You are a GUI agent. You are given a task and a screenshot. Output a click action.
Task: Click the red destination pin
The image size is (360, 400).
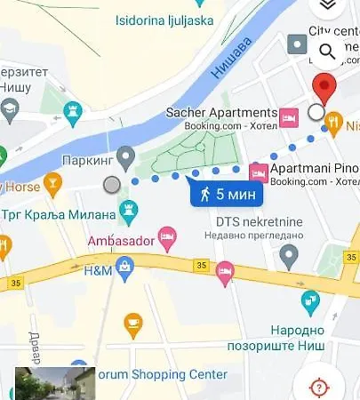326,90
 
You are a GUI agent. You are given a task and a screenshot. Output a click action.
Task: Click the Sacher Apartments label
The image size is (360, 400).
221,113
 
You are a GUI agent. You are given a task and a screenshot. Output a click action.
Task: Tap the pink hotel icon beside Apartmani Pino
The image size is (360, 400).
259,171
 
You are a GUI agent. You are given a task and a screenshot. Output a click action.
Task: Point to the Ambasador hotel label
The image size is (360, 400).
120,240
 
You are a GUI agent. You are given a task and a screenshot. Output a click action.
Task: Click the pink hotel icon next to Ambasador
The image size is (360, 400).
167,237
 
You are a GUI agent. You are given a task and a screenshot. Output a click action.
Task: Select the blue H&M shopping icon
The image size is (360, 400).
126,264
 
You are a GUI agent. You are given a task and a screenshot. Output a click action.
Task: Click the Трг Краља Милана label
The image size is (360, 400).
64,214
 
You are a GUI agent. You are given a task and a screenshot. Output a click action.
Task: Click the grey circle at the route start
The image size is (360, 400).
111,185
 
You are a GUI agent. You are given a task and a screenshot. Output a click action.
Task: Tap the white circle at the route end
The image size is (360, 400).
316,112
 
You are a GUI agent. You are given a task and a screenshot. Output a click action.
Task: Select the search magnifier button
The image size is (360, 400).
327,52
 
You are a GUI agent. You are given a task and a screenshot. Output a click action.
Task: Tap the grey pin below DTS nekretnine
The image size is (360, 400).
288,256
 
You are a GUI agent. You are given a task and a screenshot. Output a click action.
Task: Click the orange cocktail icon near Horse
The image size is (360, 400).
52,185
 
